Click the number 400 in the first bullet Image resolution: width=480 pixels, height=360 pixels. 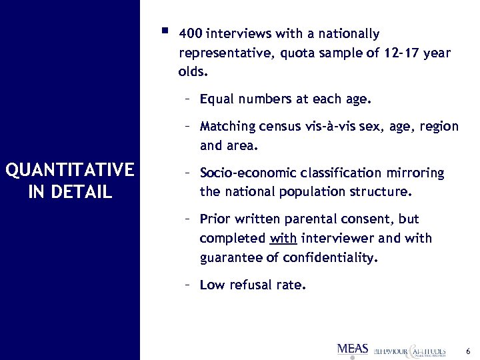click(x=191, y=34)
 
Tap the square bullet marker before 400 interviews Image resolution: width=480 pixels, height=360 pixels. click(x=164, y=31)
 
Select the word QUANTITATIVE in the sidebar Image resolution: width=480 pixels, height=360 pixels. click(x=69, y=171)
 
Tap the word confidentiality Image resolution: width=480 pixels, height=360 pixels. click(x=333, y=258)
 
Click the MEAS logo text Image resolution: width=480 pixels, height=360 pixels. click(x=353, y=349)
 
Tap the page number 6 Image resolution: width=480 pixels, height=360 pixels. click(x=468, y=351)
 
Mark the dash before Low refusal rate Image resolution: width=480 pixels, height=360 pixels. click(x=189, y=285)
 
